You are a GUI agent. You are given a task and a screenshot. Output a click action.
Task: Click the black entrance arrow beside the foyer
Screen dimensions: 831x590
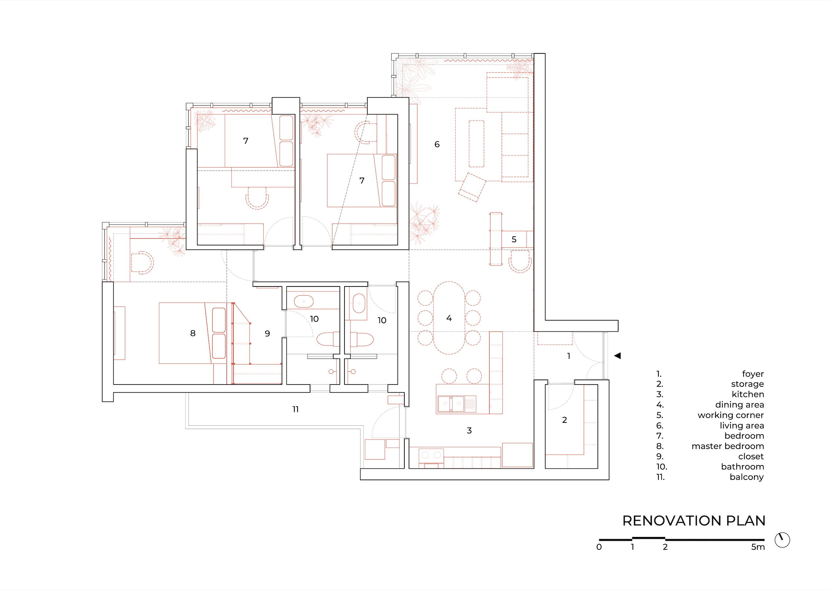pyautogui.click(x=617, y=356)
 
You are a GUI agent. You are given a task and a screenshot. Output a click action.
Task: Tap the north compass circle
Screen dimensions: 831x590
pyautogui.click(x=782, y=540)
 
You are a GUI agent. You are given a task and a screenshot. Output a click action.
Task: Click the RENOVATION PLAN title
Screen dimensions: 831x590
pyautogui.click(x=694, y=521)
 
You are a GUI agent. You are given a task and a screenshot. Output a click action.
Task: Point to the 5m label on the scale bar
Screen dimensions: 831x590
pyautogui.click(x=758, y=547)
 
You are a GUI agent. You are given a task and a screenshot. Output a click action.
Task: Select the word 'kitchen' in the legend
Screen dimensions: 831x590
pyautogui.click(x=748, y=394)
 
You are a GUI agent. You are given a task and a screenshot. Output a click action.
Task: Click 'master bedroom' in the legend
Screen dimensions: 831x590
pyautogui.click(x=728, y=446)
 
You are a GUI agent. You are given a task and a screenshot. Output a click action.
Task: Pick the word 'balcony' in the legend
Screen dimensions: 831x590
pyautogui.click(x=747, y=477)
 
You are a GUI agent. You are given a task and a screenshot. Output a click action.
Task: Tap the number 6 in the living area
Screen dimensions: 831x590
pyautogui.click(x=437, y=144)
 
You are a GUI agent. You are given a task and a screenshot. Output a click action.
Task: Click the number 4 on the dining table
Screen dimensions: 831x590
pyautogui.click(x=449, y=318)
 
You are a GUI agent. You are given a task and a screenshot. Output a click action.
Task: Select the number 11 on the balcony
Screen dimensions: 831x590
pyautogui.click(x=295, y=409)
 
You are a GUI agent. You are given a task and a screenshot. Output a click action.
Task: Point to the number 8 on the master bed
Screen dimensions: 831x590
pyautogui.click(x=193, y=333)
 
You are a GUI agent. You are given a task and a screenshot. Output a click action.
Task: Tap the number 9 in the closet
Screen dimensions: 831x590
pyautogui.click(x=267, y=333)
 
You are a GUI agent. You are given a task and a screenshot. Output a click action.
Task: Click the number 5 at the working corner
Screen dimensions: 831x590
pyautogui.click(x=514, y=239)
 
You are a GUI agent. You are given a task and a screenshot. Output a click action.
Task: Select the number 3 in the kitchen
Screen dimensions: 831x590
pyautogui.click(x=469, y=430)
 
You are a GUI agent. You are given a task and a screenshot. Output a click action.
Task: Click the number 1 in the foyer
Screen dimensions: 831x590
pyautogui.click(x=569, y=356)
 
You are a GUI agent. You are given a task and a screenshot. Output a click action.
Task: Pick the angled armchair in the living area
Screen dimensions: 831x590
pyautogui.click(x=472, y=187)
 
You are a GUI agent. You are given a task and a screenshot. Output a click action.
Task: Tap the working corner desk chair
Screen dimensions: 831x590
pyautogui.click(x=520, y=261)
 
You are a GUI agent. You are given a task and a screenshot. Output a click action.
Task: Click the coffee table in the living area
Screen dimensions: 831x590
pyautogui.click(x=476, y=144)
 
